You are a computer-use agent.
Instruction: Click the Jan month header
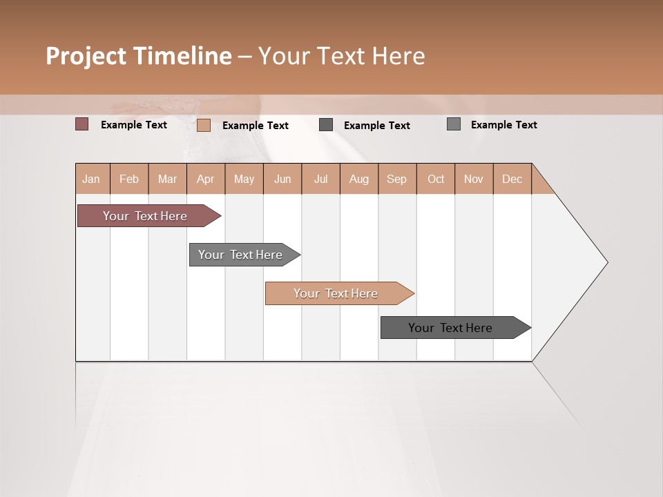pos(92,179)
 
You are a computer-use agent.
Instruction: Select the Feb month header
pos(129,179)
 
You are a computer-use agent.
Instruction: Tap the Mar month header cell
pos(167,179)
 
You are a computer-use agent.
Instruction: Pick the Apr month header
pos(206,179)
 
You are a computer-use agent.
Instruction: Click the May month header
pos(244,179)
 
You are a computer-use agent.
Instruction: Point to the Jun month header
pos(282,179)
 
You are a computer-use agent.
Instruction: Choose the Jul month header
pos(320,179)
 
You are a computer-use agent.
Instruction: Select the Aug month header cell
pos(359,179)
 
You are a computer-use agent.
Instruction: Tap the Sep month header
pos(397,179)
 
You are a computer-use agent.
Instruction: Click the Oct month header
pos(436,179)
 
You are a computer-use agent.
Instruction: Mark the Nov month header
pos(474,179)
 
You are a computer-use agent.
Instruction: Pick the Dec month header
pos(512,179)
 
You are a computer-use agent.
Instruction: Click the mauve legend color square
pos(82,124)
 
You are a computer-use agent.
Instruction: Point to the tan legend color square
pos(204,125)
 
